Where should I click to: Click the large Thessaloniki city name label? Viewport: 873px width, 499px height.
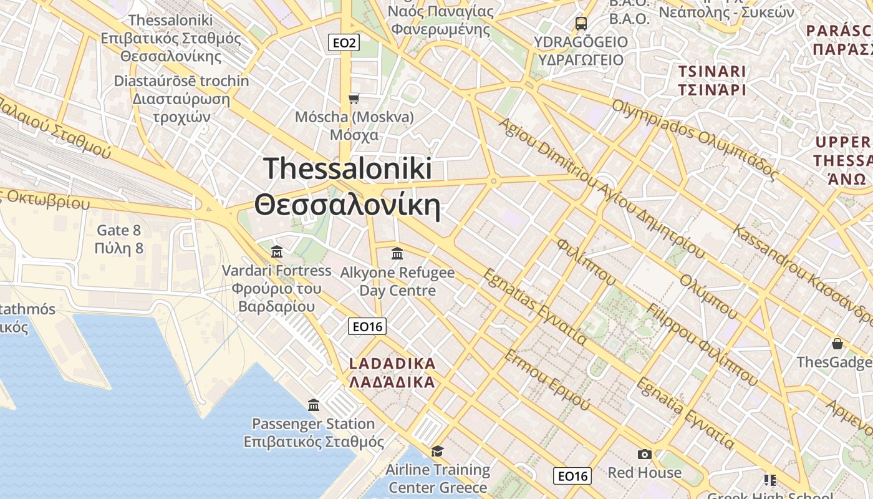pos(347,187)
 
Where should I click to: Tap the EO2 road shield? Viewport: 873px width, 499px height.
pos(344,42)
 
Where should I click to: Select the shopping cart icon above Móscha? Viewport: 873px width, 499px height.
pos(354,99)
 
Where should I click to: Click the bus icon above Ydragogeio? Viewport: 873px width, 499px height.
pos(581,24)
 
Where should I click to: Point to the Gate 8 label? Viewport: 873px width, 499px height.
pos(119,240)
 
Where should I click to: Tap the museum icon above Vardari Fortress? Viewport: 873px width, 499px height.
pos(277,252)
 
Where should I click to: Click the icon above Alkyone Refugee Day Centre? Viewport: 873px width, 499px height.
pos(397,254)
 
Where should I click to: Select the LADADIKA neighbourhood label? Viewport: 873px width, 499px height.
pos(392,372)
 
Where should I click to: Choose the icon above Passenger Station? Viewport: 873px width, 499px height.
pos(314,405)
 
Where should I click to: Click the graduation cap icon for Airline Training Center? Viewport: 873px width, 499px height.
pos(438,451)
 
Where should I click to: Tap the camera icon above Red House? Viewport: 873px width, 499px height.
pos(644,455)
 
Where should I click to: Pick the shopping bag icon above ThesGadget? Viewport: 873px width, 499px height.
pos(837,344)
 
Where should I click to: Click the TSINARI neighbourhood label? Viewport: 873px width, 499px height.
pos(712,80)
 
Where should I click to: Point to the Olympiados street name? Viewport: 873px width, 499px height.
pos(695,140)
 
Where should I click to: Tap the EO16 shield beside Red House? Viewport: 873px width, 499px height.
pos(572,477)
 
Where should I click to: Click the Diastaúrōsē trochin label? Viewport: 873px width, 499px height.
pos(181,99)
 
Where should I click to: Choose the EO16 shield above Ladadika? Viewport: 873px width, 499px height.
pos(367,326)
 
